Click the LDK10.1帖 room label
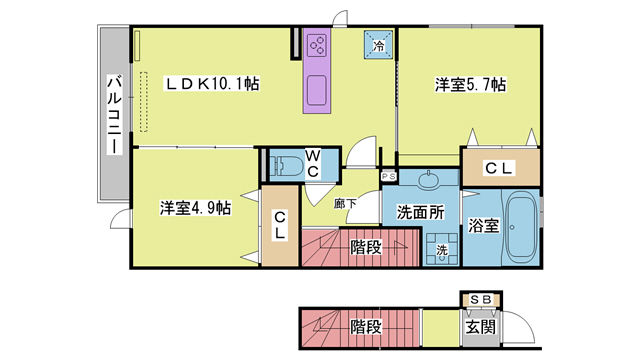212,86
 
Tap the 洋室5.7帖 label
468,86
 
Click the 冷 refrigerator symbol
379,45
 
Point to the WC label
313,163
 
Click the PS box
389,176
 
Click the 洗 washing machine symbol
441,249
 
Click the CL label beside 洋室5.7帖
499,168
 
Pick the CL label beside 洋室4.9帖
281,225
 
